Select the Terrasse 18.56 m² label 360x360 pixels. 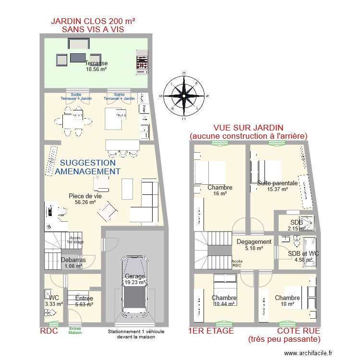click(96, 66)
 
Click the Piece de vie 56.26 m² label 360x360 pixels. click(85, 199)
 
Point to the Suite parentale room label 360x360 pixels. click(277, 186)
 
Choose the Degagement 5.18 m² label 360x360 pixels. click(254, 245)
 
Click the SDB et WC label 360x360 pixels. click(303, 257)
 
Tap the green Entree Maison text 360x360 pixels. click(75, 331)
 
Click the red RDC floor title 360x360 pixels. click(49, 331)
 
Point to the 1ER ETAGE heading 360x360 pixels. click(212, 331)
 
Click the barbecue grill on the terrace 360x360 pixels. click(142, 63)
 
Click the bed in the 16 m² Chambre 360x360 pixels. click(210, 172)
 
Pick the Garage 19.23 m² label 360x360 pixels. click(135, 279)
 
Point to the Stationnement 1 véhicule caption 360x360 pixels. click(132, 334)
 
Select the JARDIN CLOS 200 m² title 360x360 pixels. click(93, 25)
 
